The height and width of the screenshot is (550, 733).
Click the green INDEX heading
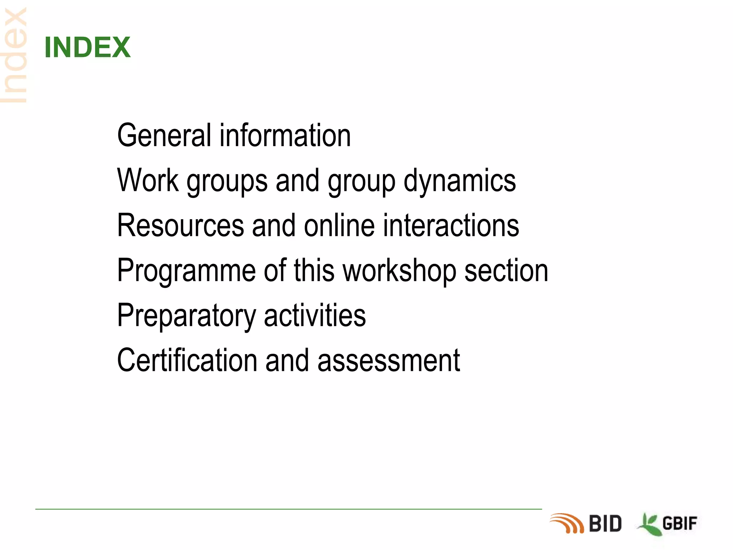click(87, 47)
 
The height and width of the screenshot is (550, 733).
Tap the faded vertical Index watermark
click(14, 56)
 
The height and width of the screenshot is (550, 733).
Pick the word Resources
click(181, 226)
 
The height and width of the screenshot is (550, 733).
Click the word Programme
click(186, 271)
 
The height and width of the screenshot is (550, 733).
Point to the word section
click(506, 271)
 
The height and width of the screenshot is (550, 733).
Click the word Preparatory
click(186, 316)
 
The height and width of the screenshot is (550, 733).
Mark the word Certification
click(187, 360)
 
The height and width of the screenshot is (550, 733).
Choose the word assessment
click(389, 361)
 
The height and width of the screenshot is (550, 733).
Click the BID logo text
click(605, 524)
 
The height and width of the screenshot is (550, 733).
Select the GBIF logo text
click(680, 524)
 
